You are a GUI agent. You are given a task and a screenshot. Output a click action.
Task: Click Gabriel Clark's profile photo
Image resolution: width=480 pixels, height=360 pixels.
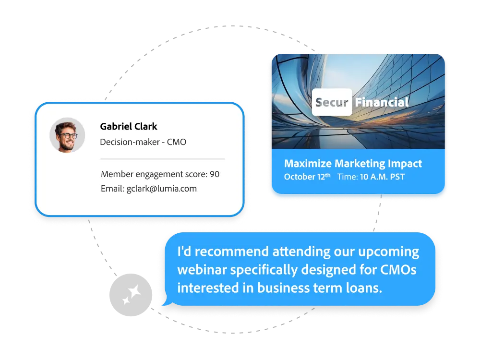(x=67, y=135)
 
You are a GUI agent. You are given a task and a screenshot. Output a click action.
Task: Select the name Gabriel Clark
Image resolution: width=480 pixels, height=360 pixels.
(x=129, y=127)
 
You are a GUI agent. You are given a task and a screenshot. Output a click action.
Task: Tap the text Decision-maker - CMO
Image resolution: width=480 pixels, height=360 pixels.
(x=143, y=142)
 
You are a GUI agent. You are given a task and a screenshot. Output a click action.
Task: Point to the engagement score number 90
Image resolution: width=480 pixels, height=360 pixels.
(x=215, y=174)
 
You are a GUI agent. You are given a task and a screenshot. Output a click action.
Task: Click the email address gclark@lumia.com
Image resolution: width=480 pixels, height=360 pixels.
(x=162, y=189)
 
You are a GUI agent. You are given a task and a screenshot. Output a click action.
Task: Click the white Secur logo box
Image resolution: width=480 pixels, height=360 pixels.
(x=332, y=102)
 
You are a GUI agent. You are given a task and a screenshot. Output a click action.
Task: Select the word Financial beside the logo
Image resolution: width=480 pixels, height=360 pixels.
(x=382, y=102)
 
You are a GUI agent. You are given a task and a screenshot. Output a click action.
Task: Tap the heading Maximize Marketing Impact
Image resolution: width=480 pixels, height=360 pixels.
(x=353, y=164)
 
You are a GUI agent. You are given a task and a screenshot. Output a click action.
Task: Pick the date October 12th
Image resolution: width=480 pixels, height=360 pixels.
(x=307, y=177)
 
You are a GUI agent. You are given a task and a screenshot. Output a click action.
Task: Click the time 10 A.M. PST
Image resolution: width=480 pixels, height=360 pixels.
(x=382, y=177)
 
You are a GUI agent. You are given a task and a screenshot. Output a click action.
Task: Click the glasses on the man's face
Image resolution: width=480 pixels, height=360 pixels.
(x=68, y=135)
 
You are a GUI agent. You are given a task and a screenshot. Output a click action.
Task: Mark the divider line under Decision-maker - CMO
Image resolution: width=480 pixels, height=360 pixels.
(x=162, y=158)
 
